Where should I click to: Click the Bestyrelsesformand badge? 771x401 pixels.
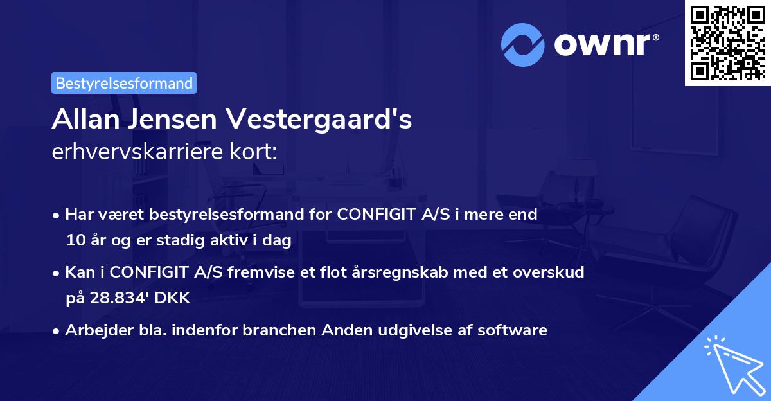tap(124, 83)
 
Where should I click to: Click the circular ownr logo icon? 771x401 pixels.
tap(522, 44)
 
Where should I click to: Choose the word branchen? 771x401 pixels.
tap(281, 330)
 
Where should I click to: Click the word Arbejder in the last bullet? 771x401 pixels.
tap(92, 330)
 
